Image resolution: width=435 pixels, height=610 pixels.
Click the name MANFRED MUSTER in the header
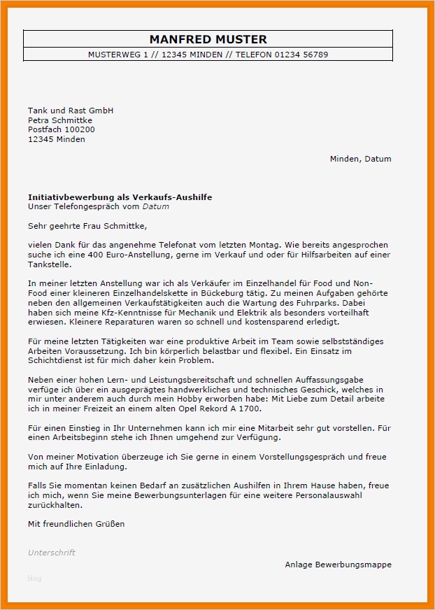208,40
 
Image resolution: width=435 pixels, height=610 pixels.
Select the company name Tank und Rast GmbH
71,111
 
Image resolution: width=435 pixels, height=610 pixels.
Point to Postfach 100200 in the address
62,129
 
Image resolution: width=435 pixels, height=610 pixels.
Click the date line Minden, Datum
360,159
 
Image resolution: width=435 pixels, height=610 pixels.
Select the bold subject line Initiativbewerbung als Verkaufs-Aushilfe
120,197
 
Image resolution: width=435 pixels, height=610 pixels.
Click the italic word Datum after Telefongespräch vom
156,206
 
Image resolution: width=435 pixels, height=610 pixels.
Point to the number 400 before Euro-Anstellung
79,255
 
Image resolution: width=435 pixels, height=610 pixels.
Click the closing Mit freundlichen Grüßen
76,523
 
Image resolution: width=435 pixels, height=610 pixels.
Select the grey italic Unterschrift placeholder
52,553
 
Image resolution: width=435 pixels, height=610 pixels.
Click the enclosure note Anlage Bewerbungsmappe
338,565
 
